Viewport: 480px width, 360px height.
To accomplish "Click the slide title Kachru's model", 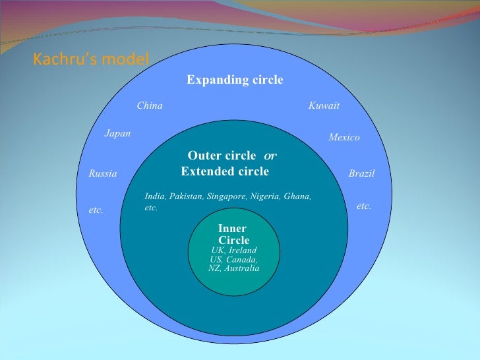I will click(x=91, y=59).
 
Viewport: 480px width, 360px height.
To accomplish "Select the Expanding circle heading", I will click(x=235, y=80).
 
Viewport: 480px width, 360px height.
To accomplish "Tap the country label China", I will click(x=150, y=106).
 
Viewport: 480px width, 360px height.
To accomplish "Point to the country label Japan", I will click(x=118, y=133).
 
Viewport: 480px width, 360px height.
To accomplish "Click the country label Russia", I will click(x=102, y=174).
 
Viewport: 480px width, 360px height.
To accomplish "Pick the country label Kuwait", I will click(x=324, y=106).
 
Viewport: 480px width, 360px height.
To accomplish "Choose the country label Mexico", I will click(x=344, y=138).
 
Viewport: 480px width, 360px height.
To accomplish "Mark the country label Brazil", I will click(x=361, y=174).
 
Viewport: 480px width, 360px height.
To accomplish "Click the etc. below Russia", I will click(x=96, y=210).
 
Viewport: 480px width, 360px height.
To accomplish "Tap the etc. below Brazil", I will click(x=364, y=206).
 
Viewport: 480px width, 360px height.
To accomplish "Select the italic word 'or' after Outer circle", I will click(x=270, y=156).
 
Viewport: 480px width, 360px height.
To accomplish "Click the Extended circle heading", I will click(x=225, y=171).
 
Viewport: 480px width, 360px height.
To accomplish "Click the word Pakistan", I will click(x=187, y=196).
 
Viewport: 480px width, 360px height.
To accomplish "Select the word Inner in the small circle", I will click(x=232, y=229).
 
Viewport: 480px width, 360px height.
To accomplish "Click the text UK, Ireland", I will click(x=234, y=251).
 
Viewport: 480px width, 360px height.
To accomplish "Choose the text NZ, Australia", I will click(x=234, y=269).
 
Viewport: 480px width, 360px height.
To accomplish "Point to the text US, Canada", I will click(x=233, y=260).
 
